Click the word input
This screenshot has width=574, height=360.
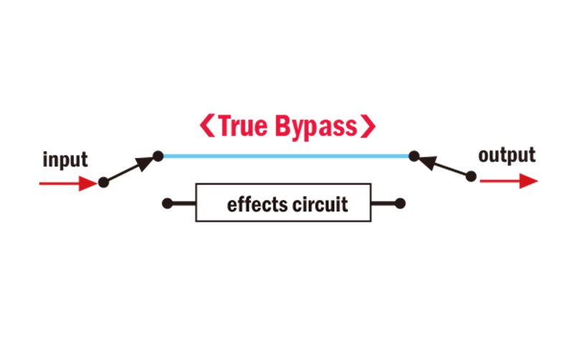[65, 159]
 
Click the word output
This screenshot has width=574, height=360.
[507, 155]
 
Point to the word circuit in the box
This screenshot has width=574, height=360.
[320, 204]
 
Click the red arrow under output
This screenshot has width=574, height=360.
[508, 182]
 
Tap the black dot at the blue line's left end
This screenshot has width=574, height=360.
[159, 155]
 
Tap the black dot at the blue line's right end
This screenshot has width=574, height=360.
[413, 155]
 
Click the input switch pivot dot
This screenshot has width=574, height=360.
[103, 183]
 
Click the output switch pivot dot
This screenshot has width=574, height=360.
[471, 176]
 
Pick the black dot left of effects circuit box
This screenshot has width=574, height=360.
[167, 204]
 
